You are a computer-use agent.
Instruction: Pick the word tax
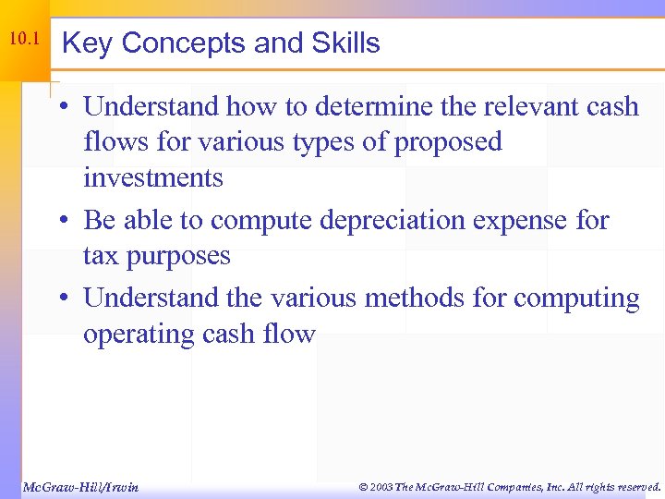point(101,255)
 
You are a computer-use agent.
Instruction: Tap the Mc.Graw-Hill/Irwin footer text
point(79,486)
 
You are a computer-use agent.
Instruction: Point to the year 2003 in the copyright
point(381,486)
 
